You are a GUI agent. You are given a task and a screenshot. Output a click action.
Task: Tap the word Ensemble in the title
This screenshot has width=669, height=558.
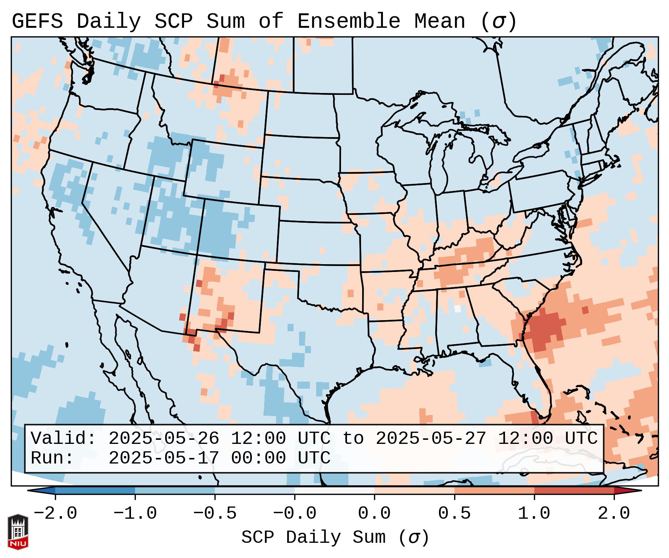(349, 21)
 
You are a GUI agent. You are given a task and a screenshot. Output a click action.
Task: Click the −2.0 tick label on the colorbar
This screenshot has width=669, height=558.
(55, 514)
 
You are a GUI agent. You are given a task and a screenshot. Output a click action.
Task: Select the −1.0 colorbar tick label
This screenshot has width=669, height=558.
(135, 514)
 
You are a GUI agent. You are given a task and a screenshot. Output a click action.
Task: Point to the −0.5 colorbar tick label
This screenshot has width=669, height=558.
(215, 514)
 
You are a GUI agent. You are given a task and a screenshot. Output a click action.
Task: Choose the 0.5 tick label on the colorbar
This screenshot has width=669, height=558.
(455, 514)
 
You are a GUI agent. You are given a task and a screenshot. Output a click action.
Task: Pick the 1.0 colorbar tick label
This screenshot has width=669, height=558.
(534, 514)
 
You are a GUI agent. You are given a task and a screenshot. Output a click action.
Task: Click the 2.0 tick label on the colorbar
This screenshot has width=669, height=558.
(614, 514)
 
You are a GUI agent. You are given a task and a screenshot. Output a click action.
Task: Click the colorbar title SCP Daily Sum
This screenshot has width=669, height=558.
(314, 537)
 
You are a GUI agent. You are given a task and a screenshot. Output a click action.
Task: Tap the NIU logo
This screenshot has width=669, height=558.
(18, 532)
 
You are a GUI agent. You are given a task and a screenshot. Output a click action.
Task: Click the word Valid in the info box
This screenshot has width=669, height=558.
(63, 439)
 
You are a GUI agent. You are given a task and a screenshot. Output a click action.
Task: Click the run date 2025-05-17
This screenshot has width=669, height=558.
(164, 458)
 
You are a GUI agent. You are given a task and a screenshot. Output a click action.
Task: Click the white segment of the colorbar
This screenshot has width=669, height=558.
(334, 491)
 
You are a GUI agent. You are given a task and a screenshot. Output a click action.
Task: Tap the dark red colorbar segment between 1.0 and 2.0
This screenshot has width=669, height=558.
(574, 491)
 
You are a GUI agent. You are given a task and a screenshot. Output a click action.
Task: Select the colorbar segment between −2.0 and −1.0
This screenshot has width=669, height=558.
(95, 491)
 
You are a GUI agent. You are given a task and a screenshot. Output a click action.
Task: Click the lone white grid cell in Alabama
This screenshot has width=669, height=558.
(458, 308)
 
